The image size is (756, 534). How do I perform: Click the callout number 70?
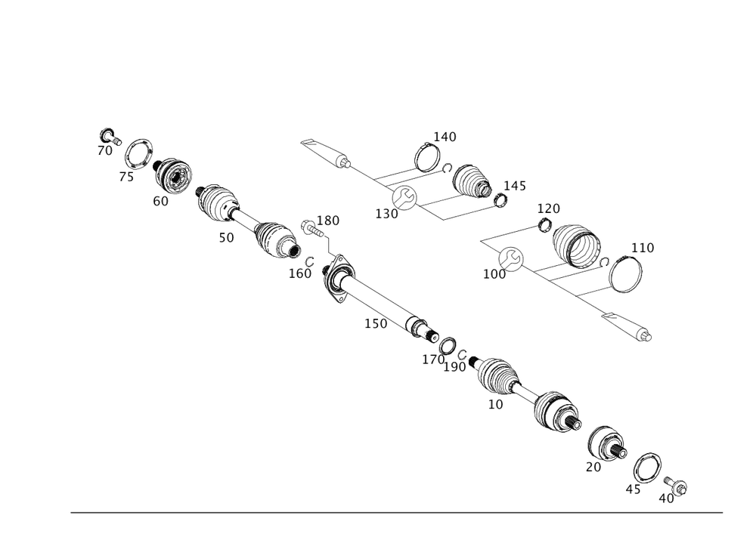point(104,151)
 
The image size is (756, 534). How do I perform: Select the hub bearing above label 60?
point(175,175)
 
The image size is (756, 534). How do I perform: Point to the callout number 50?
point(226,236)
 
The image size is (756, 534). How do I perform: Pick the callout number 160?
point(299,273)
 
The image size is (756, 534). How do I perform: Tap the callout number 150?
point(376,324)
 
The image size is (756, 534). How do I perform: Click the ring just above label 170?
point(447,345)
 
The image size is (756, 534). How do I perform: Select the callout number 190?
point(456,366)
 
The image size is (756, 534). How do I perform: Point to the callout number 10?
point(496,404)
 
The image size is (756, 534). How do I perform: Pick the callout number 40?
point(666,499)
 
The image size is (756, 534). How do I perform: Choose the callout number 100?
point(495,274)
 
